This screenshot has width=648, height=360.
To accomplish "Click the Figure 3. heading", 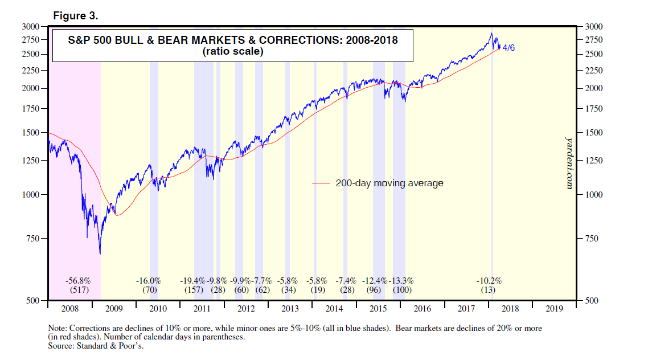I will tap(76, 16).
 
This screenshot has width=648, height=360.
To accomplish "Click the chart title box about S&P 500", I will tap(232, 46).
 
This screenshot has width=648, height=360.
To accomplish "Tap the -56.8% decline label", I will tap(78, 281).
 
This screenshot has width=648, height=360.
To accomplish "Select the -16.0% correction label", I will tap(149, 281).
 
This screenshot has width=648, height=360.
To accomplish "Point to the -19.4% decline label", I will tap(192, 281).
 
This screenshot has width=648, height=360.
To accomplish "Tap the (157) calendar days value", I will tap(192, 290).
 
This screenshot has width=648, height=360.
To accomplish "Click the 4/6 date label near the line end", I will tap(508, 48).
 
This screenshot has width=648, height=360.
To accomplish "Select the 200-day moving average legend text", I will tap(389, 183).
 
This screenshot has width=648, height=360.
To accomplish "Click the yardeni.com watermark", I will tap(568, 162).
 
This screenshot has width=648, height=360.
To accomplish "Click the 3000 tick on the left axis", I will tap(31, 26).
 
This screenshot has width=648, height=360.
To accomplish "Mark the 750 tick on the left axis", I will tap(34, 239).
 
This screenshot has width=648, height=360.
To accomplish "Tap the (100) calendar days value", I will tap(401, 290).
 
